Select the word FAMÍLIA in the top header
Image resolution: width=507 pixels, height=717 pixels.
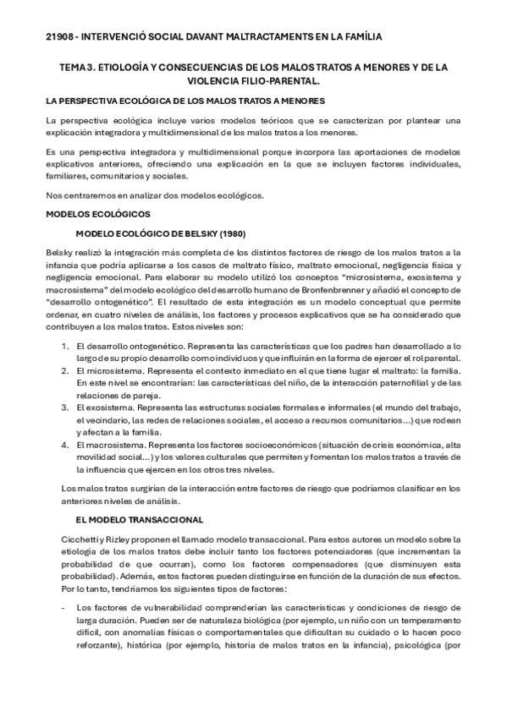(357, 36)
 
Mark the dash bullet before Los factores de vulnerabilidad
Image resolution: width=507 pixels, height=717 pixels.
(53, 607)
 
